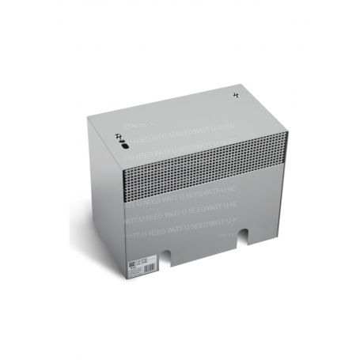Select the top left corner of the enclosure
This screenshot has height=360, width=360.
click(x=89, y=118)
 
